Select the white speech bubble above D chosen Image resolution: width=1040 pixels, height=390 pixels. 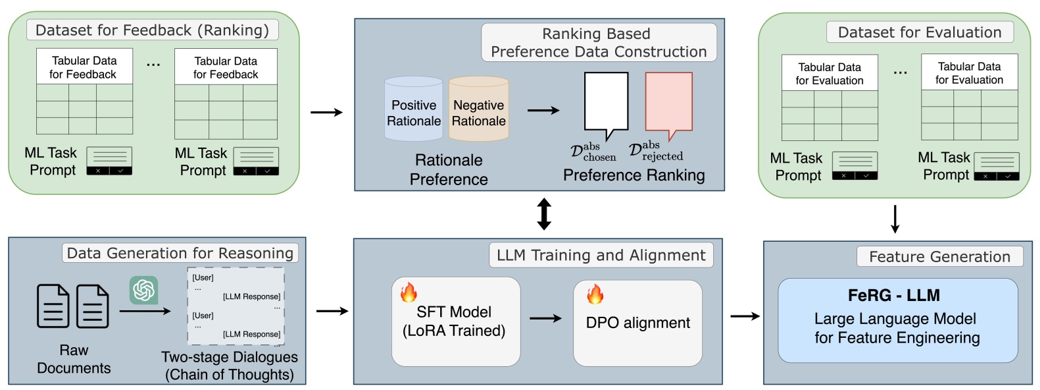(606, 102)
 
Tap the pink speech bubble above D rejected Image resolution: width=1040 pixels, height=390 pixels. (668, 102)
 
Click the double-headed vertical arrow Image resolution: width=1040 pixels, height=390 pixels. (544, 214)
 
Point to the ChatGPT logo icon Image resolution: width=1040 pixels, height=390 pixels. (143, 290)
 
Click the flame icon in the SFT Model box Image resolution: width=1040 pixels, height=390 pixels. (409, 292)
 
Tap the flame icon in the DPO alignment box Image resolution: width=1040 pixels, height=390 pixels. (595, 294)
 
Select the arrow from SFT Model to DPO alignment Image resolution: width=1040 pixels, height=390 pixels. (545, 319)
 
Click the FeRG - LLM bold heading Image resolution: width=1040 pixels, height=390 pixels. (893, 295)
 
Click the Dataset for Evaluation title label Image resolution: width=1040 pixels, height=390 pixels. (919, 32)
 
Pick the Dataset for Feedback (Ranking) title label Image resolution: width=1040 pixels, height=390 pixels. (152, 30)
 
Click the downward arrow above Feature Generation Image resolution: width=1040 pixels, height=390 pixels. (895, 219)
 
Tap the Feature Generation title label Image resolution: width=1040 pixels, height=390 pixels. (939, 257)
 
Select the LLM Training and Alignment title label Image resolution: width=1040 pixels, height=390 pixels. (601, 256)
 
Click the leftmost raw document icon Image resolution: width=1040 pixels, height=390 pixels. (53, 306)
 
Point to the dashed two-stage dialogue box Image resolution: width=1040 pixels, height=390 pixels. (235, 306)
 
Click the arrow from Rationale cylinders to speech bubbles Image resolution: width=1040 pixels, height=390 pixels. (543, 111)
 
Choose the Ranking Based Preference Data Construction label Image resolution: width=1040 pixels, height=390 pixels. (598, 43)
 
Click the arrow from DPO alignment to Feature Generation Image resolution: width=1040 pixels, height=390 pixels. (745, 316)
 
